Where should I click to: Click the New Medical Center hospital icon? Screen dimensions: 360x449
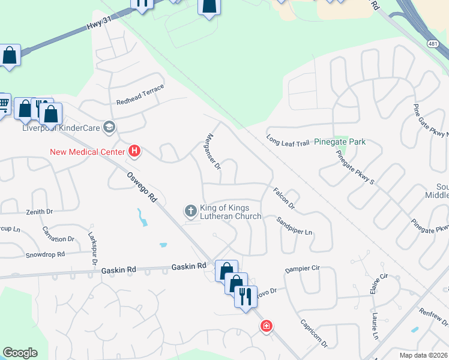point(135,152)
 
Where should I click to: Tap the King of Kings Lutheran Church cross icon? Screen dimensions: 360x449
point(191,211)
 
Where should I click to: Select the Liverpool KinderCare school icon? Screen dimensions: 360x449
point(109,127)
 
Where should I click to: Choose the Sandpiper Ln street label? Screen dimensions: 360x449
point(295,225)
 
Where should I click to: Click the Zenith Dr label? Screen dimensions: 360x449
point(40,212)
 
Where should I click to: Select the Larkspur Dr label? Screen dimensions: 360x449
point(92,250)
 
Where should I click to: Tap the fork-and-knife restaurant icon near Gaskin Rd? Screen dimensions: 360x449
point(246,296)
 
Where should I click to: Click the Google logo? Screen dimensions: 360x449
point(20,353)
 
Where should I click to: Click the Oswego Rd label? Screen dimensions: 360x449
point(141,188)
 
